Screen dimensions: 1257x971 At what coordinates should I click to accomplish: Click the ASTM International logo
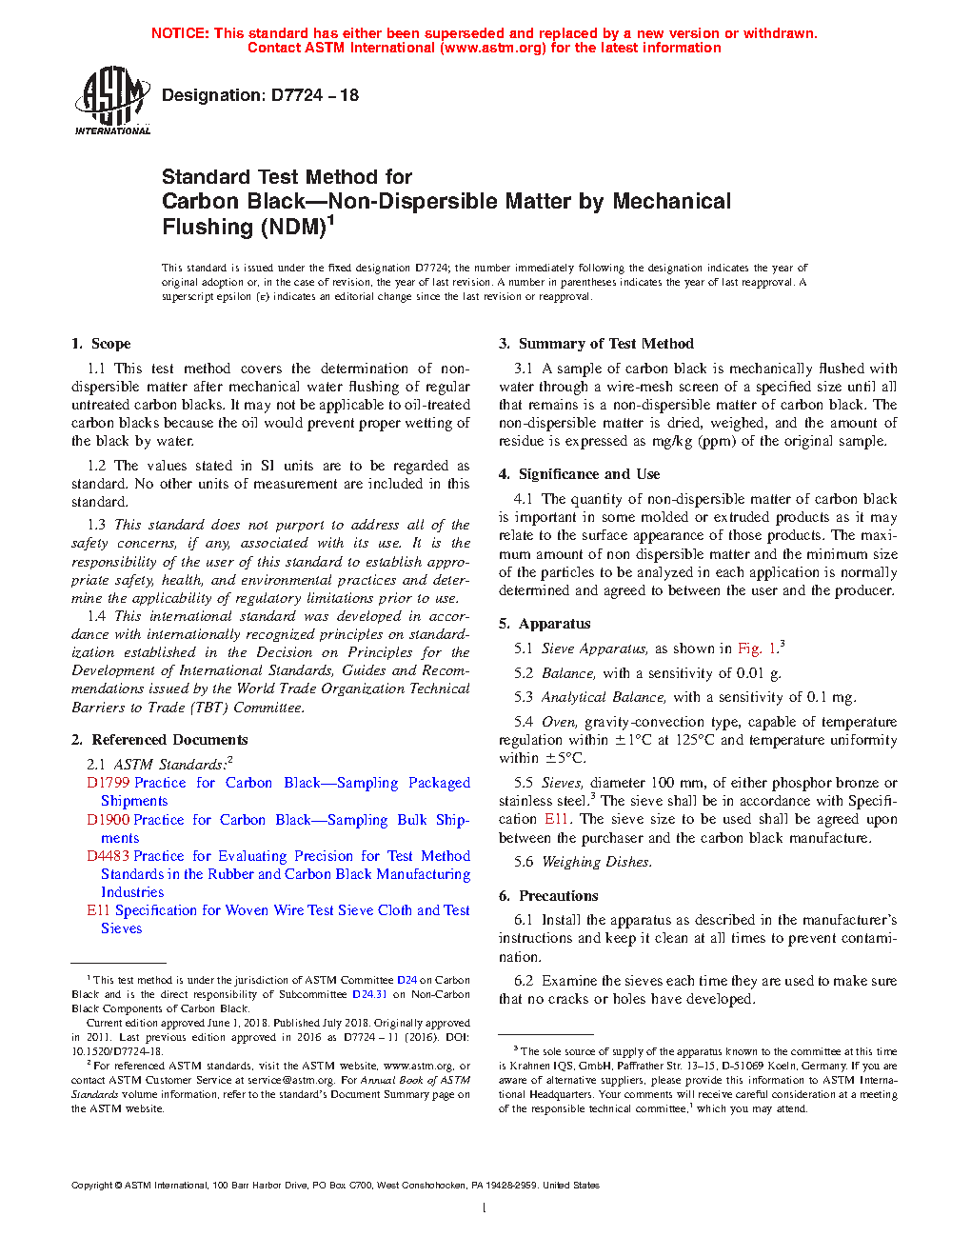point(112,100)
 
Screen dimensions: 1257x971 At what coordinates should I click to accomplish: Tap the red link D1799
point(108,783)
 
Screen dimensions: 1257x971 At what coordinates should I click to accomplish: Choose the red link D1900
point(108,820)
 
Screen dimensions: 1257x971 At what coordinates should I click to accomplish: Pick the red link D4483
point(108,856)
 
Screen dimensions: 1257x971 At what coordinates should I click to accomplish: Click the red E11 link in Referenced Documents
point(98,910)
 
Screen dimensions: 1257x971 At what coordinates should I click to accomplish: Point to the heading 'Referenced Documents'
point(169,740)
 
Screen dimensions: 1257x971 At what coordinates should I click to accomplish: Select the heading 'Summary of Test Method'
point(605,344)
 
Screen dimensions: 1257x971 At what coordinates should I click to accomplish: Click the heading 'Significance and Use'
point(588,474)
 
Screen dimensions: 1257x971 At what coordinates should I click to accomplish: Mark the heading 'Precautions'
point(558,896)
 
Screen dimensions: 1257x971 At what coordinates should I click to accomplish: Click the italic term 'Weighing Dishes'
point(596,862)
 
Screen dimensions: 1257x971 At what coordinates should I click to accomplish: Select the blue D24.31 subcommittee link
point(369,994)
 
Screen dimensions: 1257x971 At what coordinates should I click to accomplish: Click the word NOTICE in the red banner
point(180,33)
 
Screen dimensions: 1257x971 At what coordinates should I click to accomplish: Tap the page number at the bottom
point(485,1208)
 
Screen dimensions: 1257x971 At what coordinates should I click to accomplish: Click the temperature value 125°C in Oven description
point(695,740)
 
